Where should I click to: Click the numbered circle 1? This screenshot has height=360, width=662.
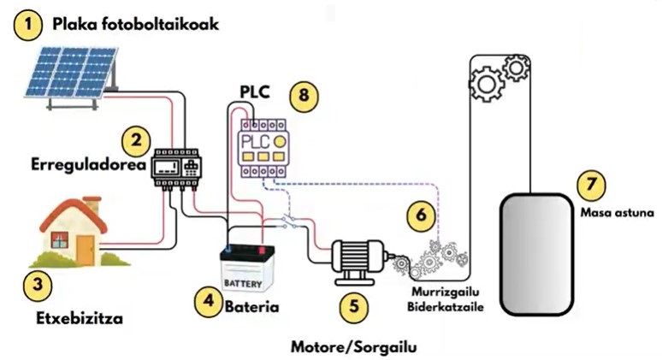point(29,26)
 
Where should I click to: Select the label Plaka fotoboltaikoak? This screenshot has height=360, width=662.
point(136,25)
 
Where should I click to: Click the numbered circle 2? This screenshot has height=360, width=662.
point(135,139)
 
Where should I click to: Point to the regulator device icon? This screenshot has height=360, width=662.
point(177,167)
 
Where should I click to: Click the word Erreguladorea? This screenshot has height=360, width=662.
point(85,163)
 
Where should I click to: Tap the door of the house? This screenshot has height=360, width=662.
point(85,248)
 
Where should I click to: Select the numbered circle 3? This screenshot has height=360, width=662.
point(33,284)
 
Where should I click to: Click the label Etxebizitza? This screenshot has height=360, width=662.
point(79,318)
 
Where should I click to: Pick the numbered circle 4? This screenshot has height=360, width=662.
point(207,301)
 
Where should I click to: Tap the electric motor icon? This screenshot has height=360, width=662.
point(358,258)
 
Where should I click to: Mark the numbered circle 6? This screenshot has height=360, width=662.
point(420,215)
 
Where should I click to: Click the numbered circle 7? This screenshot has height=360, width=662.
point(590,185)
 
